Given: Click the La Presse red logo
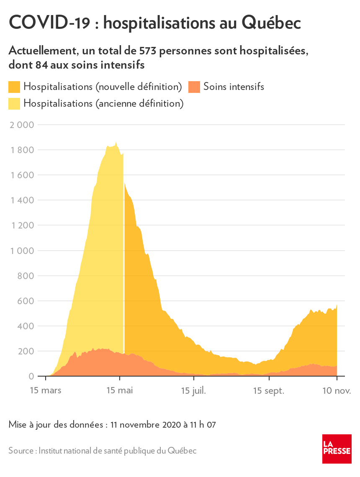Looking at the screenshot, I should [337, 449].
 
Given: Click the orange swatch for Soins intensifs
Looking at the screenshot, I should [194, 87].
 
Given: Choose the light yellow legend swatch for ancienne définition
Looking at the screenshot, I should [14, 103].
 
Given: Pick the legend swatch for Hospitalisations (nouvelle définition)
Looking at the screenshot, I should [14, 87].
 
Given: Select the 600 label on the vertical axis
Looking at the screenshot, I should [26, 301].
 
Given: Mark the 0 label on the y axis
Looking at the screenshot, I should [31, 377].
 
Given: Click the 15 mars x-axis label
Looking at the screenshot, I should [46, 390].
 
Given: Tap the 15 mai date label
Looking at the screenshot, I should [120, 390].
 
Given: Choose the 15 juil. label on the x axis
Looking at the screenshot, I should [193, 390].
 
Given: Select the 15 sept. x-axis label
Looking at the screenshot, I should [269, 390].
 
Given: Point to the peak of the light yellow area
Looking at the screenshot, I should [116, 142].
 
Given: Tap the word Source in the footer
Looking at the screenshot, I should [21, 451].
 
